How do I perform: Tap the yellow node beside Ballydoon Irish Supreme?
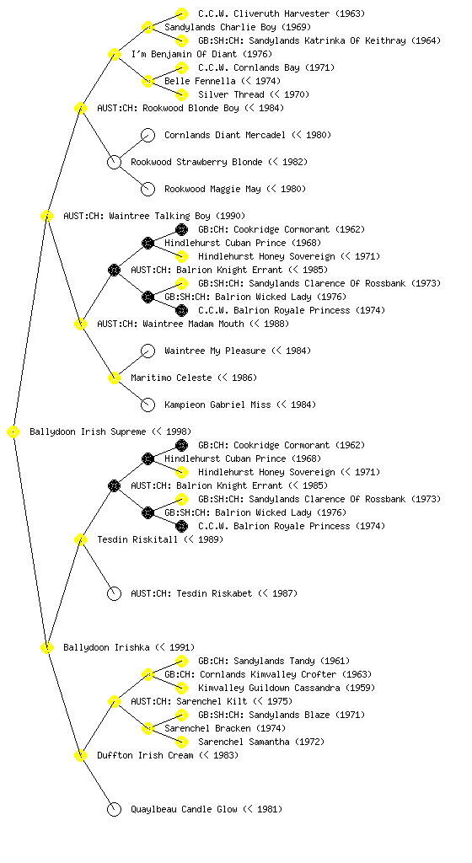[13, 431]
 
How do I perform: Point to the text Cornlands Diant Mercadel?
[225, 135]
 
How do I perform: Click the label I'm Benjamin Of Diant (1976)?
[201, 54]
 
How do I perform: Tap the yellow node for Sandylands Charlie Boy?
[147, 27]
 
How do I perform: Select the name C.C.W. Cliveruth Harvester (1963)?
[282, 13]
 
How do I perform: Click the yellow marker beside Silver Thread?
[181, 94]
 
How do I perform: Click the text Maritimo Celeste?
[171, 378]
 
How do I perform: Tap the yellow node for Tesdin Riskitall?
[80, 539]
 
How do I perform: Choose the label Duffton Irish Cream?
[145, 755]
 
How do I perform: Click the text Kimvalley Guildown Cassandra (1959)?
[287, 688]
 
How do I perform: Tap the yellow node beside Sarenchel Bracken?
[147, 728]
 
